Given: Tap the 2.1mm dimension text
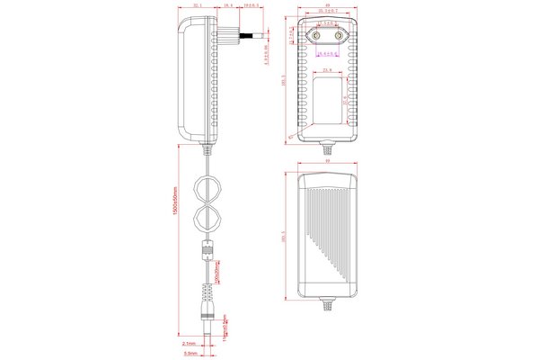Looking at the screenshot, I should (x=189, y=343).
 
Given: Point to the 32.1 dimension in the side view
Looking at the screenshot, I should (x=196, y=5).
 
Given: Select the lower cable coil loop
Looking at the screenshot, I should (x=210, y=218).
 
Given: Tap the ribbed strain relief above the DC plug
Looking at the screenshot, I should (x=208, y=296).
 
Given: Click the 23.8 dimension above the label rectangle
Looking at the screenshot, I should (x=327, y=70).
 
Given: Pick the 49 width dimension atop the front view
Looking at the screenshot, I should (x=329, y=5).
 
